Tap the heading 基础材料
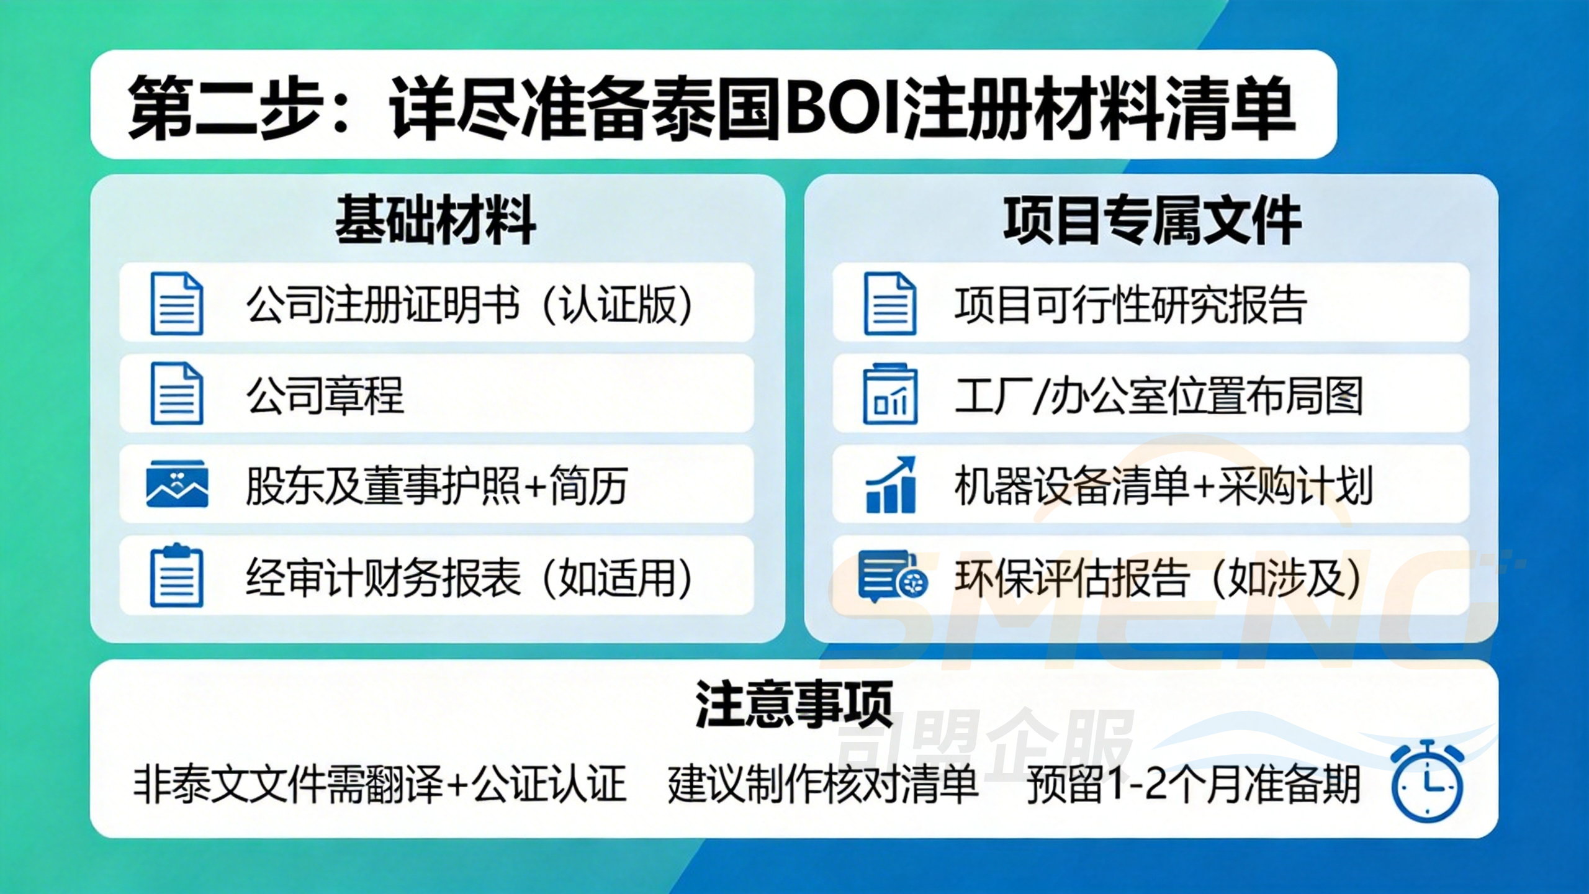436,220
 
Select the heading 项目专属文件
1152,220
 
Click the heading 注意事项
794,704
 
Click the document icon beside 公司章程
177,394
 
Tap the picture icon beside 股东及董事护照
177,484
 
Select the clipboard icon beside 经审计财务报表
177,576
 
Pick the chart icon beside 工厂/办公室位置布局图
891,394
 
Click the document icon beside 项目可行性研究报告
891,304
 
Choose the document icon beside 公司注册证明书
177,304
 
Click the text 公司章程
325,395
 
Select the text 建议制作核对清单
822,785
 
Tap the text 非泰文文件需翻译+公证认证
379,785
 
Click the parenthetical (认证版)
617,304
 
